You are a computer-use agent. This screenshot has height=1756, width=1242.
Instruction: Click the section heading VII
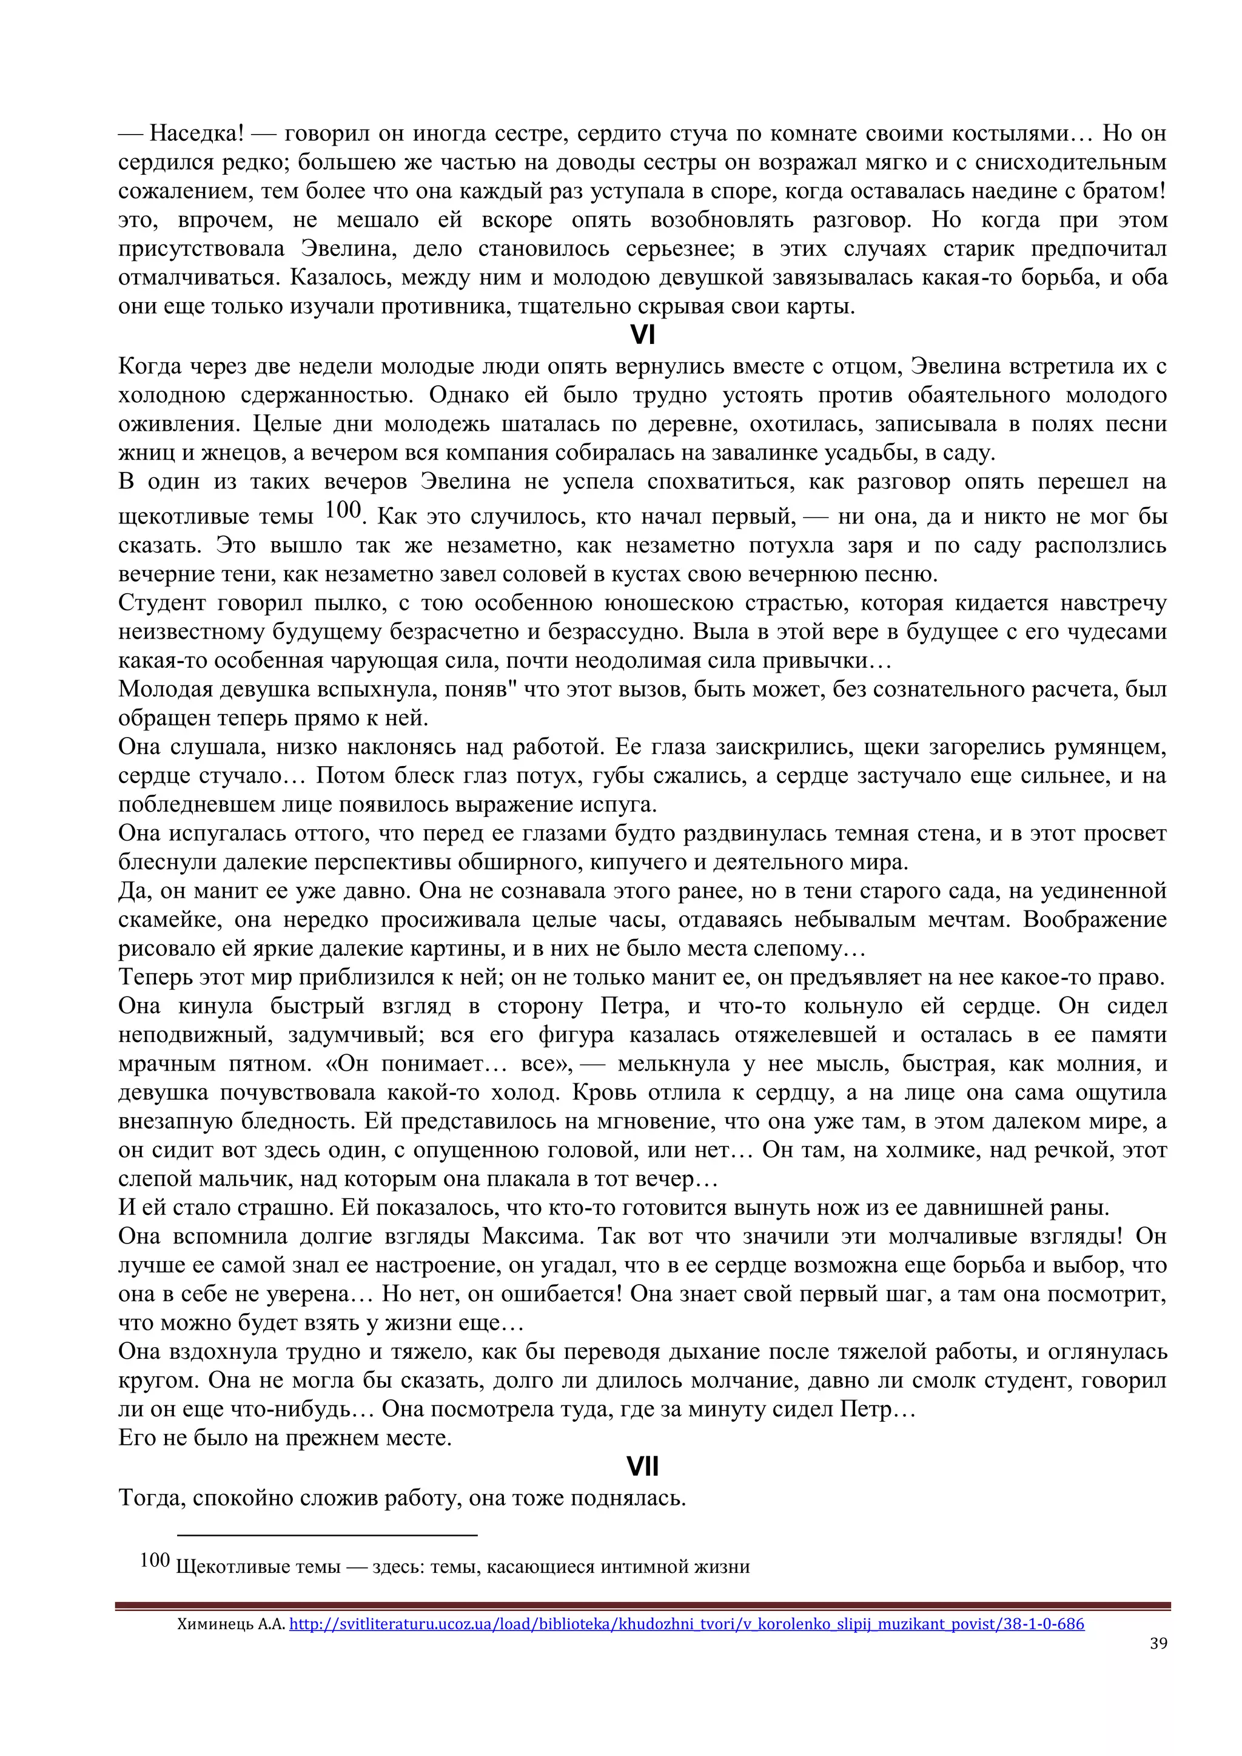coord(642,1467)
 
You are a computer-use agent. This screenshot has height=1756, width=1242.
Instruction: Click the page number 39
coord(1158,1643)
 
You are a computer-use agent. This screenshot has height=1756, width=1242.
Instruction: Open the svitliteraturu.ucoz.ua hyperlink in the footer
coord(686,1624)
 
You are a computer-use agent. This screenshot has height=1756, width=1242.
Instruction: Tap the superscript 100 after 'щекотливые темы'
coord(342,510)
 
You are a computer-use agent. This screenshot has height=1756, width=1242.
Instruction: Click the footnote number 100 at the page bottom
coord(155,1560)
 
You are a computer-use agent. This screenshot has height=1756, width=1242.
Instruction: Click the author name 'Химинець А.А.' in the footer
coord(230,1624)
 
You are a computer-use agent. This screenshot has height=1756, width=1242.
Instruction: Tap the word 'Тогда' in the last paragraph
coord(150,1498)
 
